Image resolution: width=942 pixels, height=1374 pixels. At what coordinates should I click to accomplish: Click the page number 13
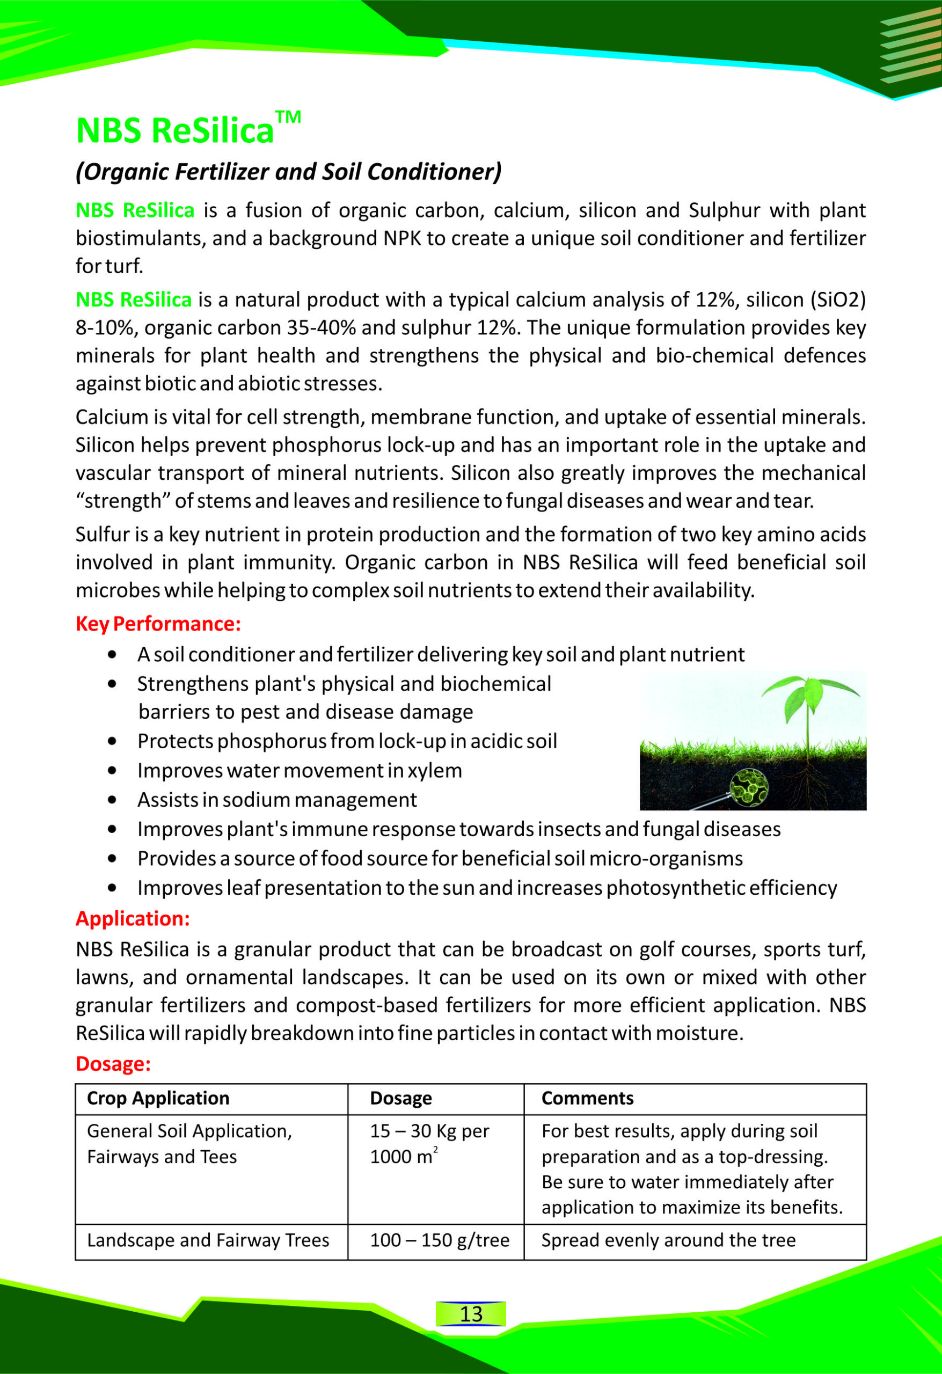coord(471,1314)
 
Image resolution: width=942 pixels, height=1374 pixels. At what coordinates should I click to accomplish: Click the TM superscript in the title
coord(288,116)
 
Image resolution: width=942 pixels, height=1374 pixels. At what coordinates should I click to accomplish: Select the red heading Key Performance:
coord(158,624)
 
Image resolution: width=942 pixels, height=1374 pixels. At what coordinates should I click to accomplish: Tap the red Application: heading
coord(133,918)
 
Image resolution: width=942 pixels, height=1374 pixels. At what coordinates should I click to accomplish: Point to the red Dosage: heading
coord(113,1064)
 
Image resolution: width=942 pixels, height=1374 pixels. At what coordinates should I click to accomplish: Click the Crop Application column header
coord(158,1098)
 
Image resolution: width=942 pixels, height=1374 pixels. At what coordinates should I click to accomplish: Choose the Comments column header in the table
coord(587,1098)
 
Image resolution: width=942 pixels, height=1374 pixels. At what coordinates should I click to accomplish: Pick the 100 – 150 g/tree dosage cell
coord(440,1240)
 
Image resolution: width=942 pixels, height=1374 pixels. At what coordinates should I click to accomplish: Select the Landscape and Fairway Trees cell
coord(208,1240)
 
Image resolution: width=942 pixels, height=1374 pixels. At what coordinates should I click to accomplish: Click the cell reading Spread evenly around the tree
coord(668,1240)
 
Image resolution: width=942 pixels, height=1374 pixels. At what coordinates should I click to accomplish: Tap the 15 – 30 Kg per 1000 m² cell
coord(429,1143)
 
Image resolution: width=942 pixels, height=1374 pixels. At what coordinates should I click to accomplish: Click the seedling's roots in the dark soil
coord(808,784)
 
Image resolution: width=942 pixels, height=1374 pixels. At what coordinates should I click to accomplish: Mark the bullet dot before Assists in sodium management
coord(112,800)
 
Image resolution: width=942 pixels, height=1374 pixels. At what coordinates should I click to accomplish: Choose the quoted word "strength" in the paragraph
coord(122,501)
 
